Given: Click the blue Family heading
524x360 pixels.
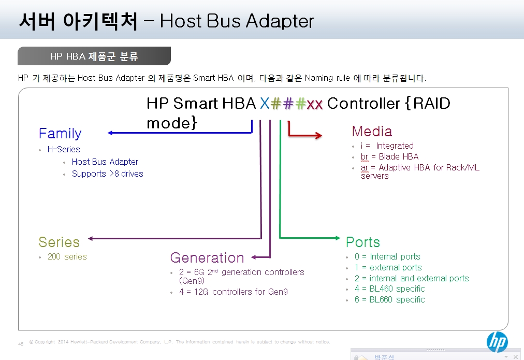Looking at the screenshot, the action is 60,133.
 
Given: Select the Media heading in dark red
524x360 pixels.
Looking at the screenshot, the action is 372,132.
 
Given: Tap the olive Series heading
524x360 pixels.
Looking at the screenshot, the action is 59,242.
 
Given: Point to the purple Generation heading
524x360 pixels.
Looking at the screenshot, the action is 207,258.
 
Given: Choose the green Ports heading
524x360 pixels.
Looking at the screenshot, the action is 363,242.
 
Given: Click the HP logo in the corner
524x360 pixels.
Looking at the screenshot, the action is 497,342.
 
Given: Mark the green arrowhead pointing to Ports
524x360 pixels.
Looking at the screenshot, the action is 338,238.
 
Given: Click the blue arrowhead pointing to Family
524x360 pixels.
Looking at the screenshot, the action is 110,133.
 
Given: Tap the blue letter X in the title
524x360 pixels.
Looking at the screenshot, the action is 265,104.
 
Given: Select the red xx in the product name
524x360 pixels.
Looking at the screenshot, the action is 314,105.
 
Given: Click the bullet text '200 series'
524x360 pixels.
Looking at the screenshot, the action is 67,257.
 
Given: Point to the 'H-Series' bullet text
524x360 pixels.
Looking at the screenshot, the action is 64,149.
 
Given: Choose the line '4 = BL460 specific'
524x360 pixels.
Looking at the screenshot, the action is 390,289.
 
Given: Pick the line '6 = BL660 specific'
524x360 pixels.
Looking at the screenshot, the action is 390,299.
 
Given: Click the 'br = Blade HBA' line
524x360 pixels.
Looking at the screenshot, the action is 390,157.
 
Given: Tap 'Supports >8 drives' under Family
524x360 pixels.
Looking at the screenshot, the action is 108,174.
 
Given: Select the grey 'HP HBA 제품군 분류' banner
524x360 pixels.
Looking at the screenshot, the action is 94,56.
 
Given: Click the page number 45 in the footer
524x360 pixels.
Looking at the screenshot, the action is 21,344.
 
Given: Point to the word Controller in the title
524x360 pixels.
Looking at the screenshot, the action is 363,104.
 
